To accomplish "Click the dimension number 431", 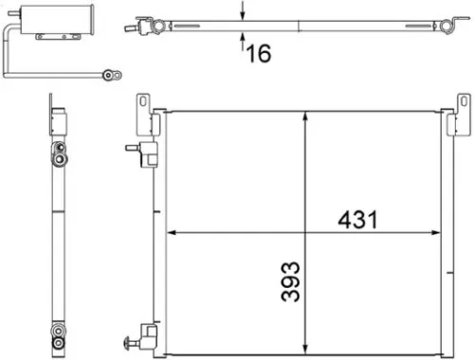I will click(358, 220).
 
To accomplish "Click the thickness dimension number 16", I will click(258, 53).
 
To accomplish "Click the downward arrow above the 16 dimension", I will click(244, 15).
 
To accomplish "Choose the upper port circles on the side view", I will click(58, 150).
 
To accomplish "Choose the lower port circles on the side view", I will click(58, 336).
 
